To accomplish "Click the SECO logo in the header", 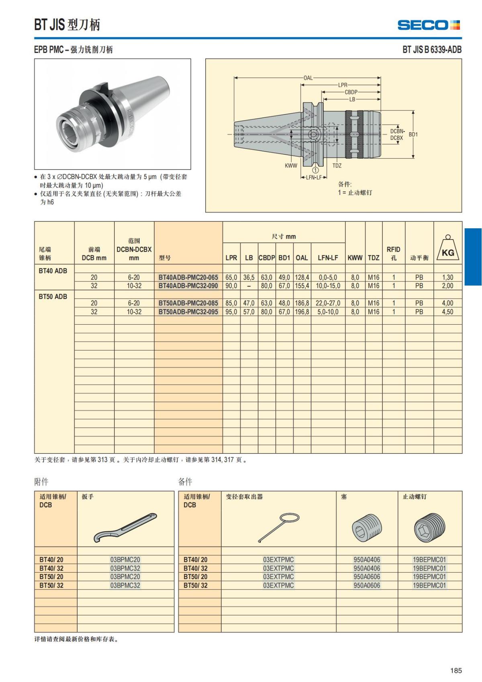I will pos(428,25).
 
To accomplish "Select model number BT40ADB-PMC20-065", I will pos(188,277).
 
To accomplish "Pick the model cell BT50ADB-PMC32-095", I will pos(188,312).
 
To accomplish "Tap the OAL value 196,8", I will pos(302,312).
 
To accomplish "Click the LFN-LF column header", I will pos(328,258).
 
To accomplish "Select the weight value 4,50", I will pos(447,312).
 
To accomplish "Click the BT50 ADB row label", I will pos(53,297).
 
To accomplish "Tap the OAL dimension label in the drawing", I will pos(308,78).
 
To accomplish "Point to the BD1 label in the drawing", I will pos(413,135).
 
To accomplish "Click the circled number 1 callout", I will pos(315,170).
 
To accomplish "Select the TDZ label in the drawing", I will pos(337,166).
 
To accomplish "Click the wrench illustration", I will pos(125,527).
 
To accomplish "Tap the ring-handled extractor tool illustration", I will pos(278,527).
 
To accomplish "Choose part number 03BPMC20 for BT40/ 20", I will pos(125,559).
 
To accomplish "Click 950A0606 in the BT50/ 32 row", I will pos(366,585).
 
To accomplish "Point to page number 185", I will pos(455,670).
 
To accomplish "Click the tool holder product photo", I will pos(112,114).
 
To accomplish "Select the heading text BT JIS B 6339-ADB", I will pos(432,49).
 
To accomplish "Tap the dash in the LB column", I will pos(249,286).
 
